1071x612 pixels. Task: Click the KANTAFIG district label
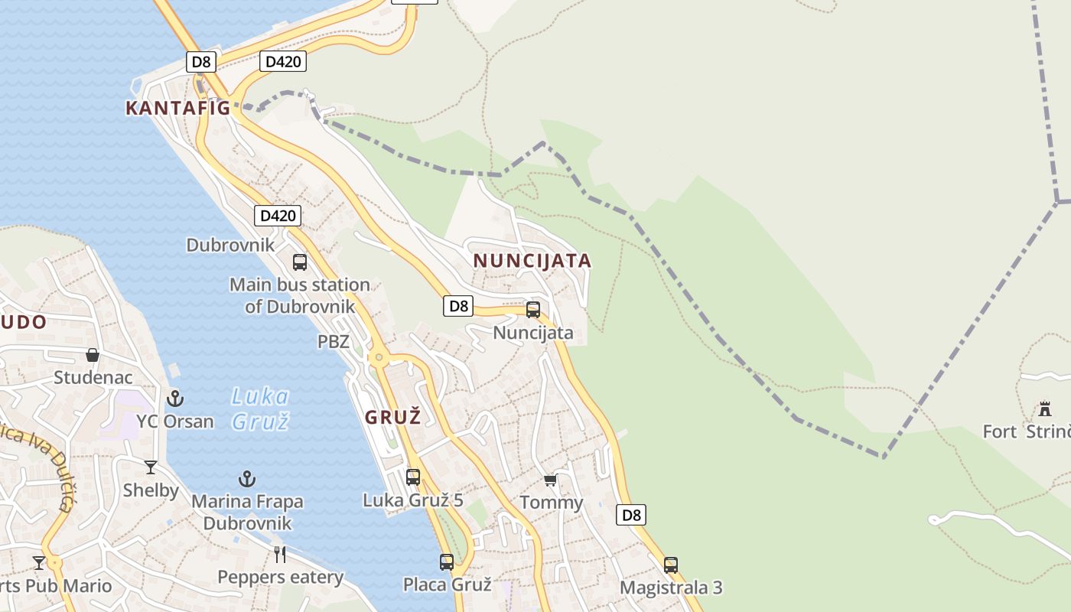point(177,108)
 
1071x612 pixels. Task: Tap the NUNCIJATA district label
point(532,261)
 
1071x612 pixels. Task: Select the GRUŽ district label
point(393,417)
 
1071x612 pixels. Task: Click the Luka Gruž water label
point(260,408)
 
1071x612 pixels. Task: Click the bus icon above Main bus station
point(300,262)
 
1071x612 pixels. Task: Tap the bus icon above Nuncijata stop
point(533,310)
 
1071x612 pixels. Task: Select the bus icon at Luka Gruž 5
point(413,477)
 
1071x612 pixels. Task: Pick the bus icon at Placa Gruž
point(447,562)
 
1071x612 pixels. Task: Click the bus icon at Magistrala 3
point(671,565)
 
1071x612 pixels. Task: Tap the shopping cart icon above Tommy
point(550,480)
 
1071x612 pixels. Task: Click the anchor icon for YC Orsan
point(175,398)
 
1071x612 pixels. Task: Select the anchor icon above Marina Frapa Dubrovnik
point(246,479)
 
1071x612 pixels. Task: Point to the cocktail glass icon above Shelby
point(151,467)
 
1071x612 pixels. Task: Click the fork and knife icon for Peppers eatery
point(280,554)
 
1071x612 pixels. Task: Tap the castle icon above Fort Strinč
point(1045,408)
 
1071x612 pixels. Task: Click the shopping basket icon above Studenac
point(93,355)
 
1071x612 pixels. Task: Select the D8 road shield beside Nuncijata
point(457,306)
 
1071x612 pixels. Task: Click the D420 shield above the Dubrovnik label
point(277,216)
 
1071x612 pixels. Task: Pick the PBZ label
point(333,341)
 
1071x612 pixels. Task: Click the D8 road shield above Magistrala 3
point(631,515)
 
